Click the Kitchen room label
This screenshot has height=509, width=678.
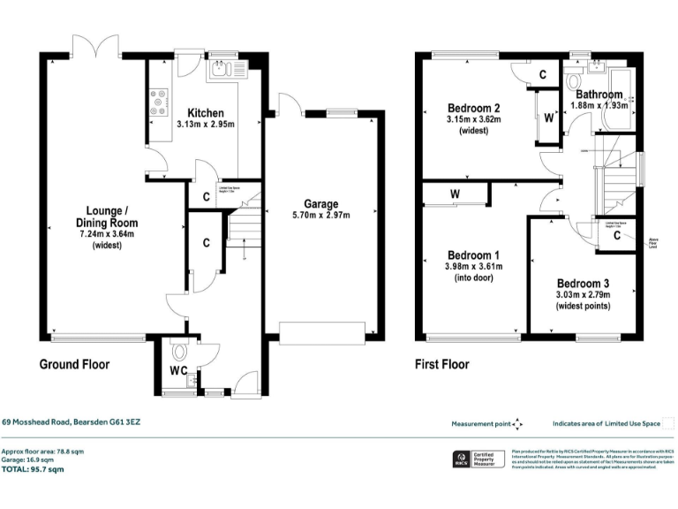tap(206, 113)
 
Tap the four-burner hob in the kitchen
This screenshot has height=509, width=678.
tap(160, 101)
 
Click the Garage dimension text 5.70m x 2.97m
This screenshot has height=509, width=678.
tap(320, 215)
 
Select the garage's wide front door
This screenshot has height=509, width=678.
tap(321, 332)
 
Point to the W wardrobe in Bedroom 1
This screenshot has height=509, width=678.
tap(455, 194)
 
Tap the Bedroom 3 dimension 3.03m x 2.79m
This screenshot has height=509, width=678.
tap(583, 295)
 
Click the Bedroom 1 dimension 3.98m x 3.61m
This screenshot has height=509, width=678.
tap(474, 266)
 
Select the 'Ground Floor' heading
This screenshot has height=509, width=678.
tap(75, 364)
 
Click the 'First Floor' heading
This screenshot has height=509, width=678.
tap(442, 364)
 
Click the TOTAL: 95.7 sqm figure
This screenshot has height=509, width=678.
tap(34, 470)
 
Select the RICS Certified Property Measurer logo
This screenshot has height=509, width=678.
tap(478, 460)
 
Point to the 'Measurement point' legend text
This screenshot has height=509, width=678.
tap(480, 424)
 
